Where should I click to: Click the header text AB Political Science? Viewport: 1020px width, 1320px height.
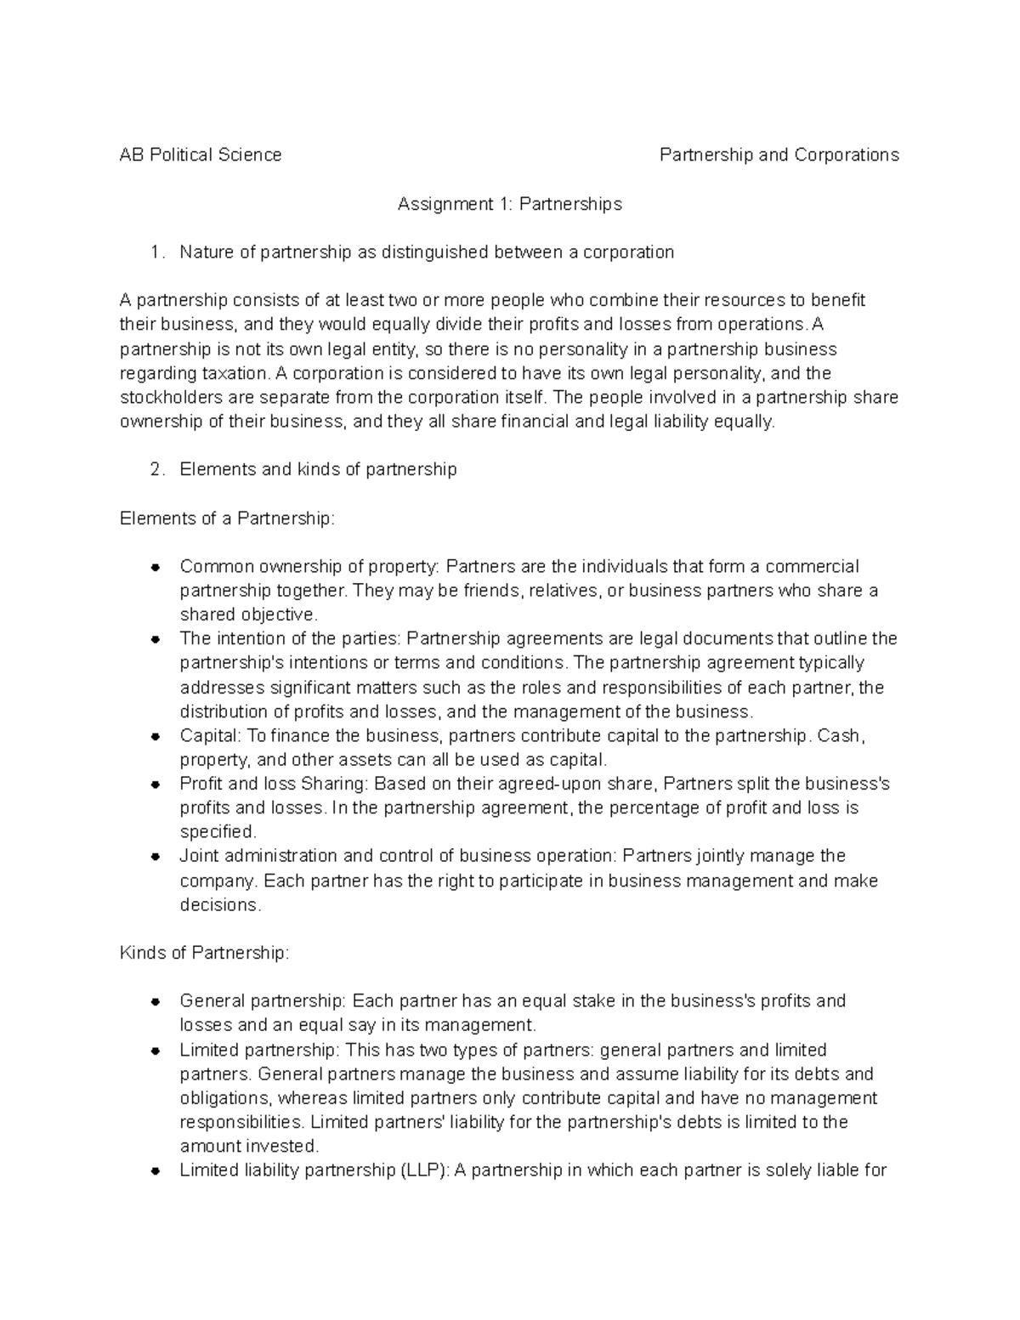201,155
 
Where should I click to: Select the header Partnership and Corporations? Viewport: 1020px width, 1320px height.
779,155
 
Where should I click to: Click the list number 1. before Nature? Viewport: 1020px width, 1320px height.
155,252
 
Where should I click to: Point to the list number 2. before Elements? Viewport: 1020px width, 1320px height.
155,469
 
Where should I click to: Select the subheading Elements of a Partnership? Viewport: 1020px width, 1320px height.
228,518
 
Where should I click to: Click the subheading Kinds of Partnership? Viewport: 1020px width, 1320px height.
205,953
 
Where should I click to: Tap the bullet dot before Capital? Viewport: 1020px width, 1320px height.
155,736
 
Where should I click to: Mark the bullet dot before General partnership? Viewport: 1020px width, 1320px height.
155,1002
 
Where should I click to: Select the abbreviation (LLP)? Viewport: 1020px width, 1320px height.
423,1170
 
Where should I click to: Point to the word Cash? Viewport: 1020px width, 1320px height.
840,735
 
